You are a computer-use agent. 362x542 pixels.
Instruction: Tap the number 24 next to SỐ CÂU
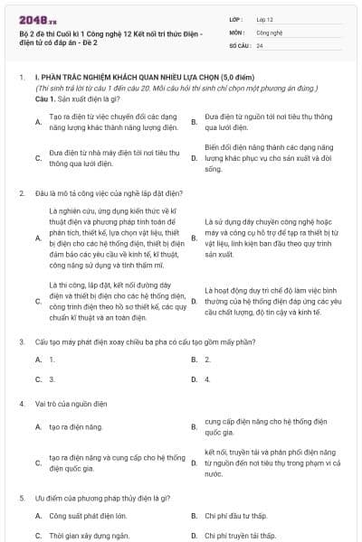[x=260, y=44]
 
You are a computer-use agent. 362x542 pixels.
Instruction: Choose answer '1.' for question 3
[x=52, y=360]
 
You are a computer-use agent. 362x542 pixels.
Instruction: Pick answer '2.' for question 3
[x=207, y=360]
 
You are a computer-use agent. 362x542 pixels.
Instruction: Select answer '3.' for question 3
[x=52, y=379]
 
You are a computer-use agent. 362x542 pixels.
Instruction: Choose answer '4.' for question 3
[x=207, y=379]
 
